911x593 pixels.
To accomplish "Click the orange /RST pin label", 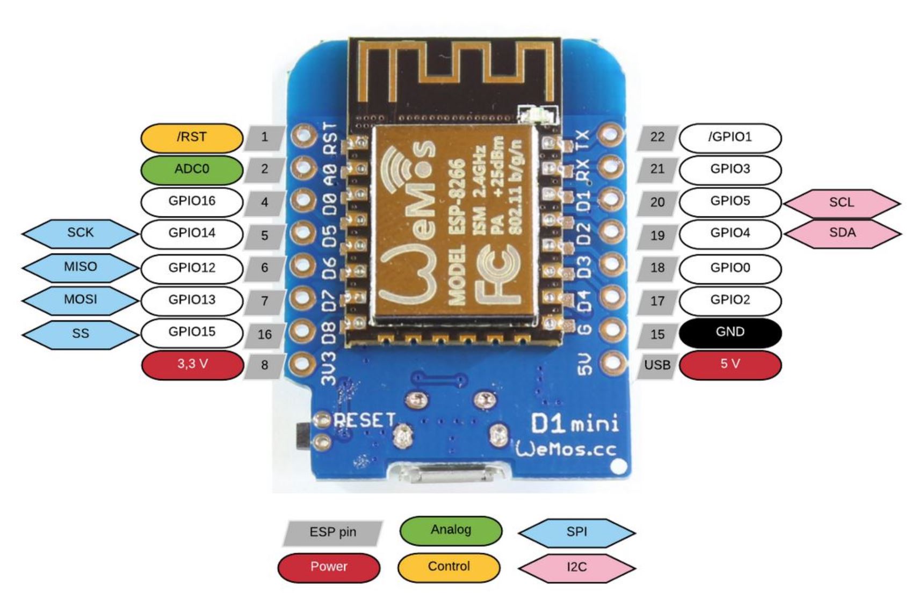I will (x=192, y=138).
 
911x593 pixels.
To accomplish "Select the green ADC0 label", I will (x=192, y=169).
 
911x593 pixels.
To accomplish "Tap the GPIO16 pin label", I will (x=192, y=201).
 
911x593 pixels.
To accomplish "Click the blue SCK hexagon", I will (x=80, y=233).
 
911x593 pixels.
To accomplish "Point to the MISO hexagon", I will (x=80, y=267).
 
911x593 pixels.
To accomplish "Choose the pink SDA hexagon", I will (x=842, y=233).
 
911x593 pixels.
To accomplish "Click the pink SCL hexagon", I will (x=842, y=203).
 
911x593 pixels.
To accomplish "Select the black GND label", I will (x=730, y=332).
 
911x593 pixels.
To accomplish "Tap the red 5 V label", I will (x=730, y=364).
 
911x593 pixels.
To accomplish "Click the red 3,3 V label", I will (x=192, y=364).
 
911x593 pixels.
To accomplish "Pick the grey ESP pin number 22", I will (x=657, y=138).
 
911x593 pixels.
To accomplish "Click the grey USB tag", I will (x=657, y=365).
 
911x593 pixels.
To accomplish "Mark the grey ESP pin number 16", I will (x=264, y=335).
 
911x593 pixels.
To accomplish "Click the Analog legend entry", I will (x=451, y=530).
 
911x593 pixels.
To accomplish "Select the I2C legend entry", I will (x=576, y=567).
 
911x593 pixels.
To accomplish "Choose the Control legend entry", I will (x=449, y=567).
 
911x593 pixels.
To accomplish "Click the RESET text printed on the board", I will (x=365, y=420).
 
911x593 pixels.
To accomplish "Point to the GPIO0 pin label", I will (x=730, y=268).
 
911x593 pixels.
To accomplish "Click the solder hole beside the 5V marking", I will (x=611, y=363).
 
